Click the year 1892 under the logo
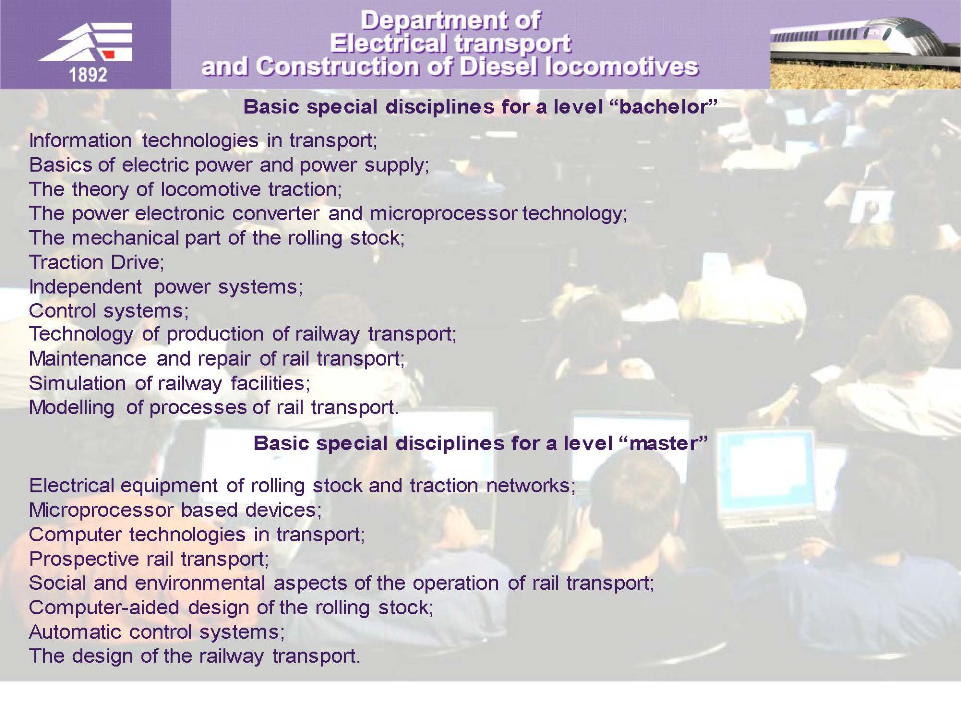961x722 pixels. point(88,75)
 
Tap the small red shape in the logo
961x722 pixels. point(109,54)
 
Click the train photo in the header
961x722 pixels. point(865,45)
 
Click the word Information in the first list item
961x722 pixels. point(80,140)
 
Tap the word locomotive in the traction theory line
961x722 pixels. point(211,189)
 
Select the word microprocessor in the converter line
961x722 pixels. point(443,214)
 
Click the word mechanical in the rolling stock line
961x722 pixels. point(125,238)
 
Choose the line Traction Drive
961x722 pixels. point(96,262)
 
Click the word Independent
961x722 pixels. point(85,287)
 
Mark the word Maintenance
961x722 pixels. point(87,358)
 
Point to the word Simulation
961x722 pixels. point(77,383)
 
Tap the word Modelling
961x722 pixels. point(71,408)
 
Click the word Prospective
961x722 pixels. point(84,559)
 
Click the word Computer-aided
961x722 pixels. point(104,607)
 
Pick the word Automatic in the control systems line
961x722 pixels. point(75,632)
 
